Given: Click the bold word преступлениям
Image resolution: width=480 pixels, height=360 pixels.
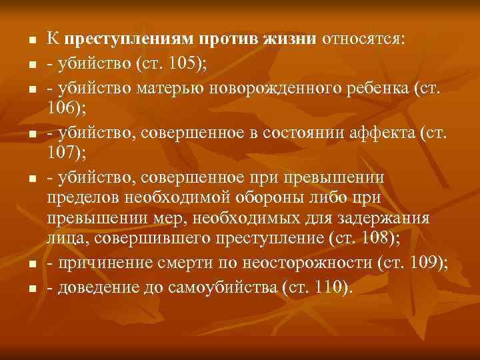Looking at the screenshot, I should (x=123, y=41).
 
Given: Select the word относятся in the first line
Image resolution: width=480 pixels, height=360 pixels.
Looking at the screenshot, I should (x=361, y=41).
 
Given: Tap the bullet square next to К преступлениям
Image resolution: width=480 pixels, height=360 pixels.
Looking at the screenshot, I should (x=31, y=42).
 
